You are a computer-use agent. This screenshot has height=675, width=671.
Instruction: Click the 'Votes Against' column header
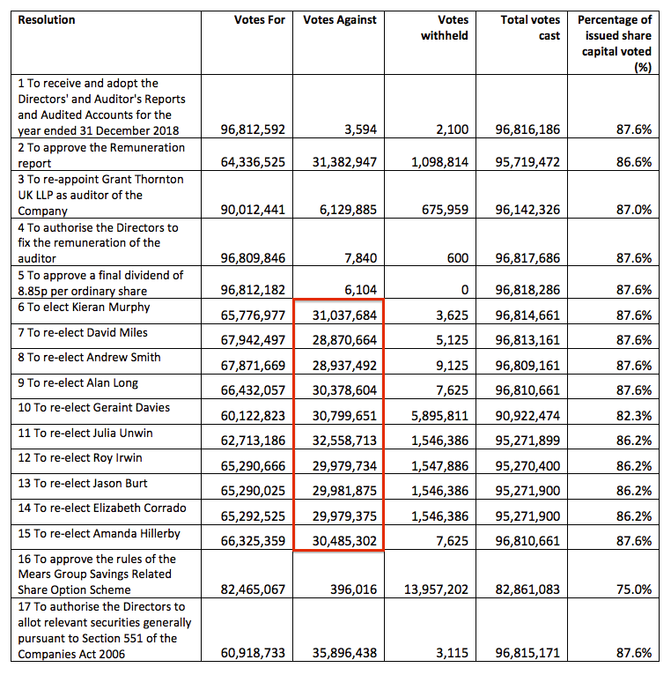[x=339, y=19]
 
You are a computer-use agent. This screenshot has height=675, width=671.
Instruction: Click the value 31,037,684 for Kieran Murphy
[x=344, y=315]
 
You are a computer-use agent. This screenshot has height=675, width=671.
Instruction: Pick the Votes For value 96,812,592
[x=253, y=130]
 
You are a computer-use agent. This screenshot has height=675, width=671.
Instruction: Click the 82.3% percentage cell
[x=634, y=416]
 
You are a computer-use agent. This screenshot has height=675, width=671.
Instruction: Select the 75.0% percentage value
[x=634, y=590]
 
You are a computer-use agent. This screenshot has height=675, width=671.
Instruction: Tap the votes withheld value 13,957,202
[x=436, y=590]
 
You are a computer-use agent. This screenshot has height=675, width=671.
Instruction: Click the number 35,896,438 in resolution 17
[x=344, y=653]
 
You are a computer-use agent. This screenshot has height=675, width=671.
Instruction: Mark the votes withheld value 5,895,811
[x=439, y=416]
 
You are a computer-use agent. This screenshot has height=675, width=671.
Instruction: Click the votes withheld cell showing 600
[x=458, y=258]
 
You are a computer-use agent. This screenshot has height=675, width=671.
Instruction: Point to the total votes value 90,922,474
[x=527, y=416]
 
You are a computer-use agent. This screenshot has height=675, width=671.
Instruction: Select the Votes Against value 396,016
[x=353, y=590]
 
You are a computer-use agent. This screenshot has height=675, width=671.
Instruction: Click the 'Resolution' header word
[x=47, y=19]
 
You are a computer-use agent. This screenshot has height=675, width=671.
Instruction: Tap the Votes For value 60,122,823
[x=253, y=416]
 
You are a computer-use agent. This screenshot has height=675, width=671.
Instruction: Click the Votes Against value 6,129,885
[x=348, y=210]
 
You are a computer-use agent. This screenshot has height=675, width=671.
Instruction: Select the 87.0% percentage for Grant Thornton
[x=634, y=210]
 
